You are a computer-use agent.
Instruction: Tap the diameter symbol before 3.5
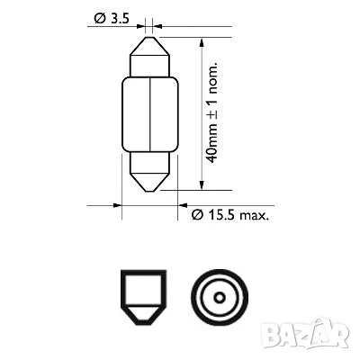pos(94,19)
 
